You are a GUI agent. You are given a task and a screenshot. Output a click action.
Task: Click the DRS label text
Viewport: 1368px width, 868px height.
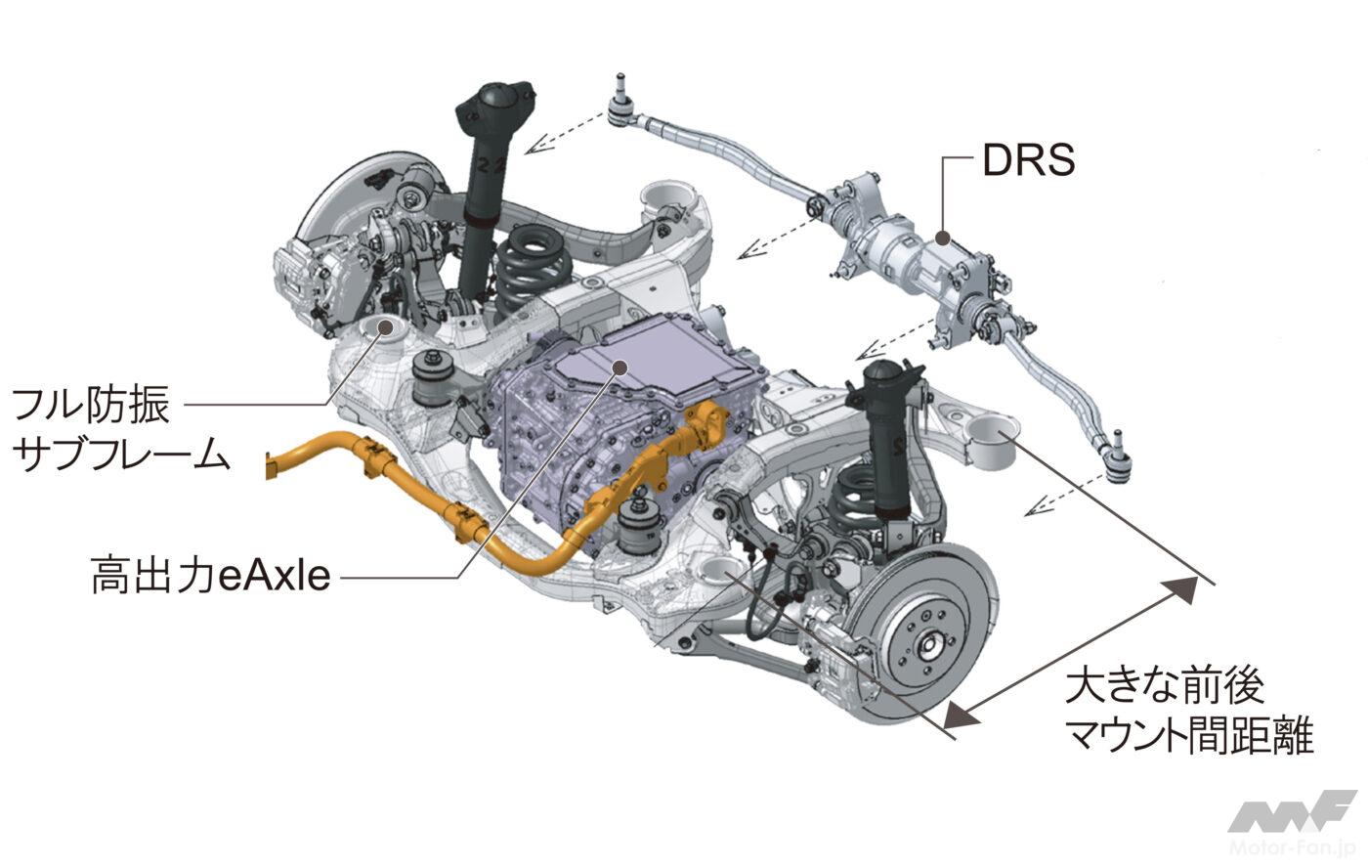click(1028, 160)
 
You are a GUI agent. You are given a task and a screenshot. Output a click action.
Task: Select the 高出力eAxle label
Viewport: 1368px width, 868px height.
click(211, 575)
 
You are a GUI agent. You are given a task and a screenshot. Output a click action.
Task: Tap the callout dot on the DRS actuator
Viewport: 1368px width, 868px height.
click(943, 239)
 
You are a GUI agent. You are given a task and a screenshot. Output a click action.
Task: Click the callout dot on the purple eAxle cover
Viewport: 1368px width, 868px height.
click(620, 368)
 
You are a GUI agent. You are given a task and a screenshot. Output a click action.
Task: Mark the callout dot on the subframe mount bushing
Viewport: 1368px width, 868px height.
click(385, 327)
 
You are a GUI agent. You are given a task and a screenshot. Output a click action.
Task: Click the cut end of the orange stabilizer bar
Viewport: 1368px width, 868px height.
click(270, 465)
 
